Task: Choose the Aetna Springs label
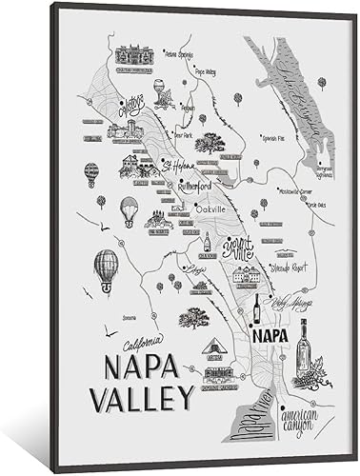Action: [181, 54]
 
